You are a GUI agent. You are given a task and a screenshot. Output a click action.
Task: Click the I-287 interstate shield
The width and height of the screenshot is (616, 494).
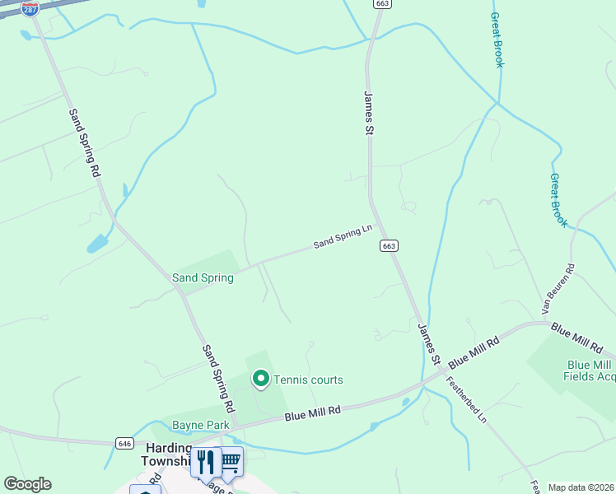pyautogui.click(x=30, y=9)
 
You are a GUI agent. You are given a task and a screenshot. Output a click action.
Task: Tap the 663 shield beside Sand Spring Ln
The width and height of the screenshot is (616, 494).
pyautogui.click(x=390, y=246)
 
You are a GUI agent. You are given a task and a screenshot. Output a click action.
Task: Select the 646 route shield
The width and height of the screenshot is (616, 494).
pyautogui.click(x=124, y=443)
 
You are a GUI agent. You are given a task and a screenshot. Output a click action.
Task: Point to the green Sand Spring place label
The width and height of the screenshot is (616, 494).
pyautogui.click(x=203, y=277)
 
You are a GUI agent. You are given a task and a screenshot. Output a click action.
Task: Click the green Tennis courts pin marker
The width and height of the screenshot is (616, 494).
pyautogui.click(x=261, y=379)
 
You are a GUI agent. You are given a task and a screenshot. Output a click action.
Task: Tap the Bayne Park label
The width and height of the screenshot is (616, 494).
pyautogui.click(x=200, y=426)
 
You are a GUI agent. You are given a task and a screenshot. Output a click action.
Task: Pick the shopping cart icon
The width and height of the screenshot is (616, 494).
pyautogui.click(x=231, y=461)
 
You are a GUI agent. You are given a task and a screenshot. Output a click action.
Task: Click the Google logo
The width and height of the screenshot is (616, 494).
pyautogui.click(x=27, y=484)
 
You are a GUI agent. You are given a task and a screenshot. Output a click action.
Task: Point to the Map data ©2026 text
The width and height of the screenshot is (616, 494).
pyautogui.click(x=581, y=487)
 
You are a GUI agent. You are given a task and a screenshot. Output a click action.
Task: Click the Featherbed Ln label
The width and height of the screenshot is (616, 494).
pyautogui.click(x=466, y=399)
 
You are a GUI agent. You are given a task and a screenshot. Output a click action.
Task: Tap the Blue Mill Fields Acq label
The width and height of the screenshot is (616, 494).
pyautogui.click(x=590, y=370)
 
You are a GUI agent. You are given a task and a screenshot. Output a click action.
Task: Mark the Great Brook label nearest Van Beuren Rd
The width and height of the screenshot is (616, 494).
pyautogui.click(x=559, y=200)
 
